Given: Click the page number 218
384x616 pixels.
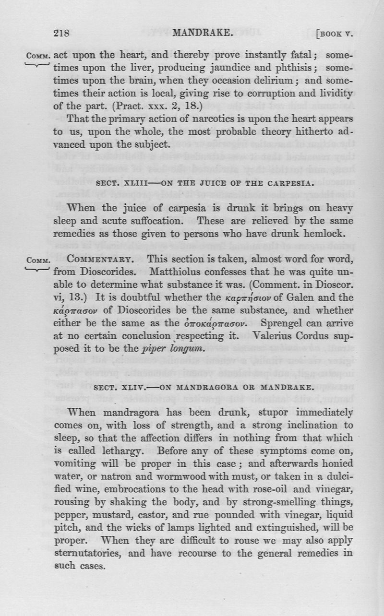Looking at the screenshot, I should coord(62,33).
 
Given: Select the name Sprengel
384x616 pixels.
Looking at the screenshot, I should coord(288,323).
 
